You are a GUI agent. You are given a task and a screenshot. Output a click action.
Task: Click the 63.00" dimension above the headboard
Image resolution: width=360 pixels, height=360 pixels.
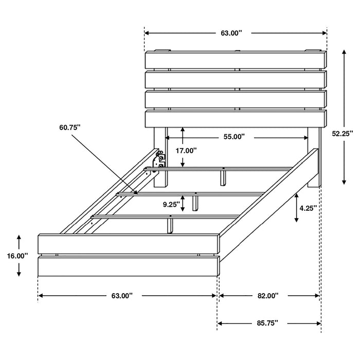pyautogui.click(x=231, y=33)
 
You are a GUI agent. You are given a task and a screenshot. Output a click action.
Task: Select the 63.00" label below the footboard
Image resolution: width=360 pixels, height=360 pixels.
pyautogui.click(x=122, y=296)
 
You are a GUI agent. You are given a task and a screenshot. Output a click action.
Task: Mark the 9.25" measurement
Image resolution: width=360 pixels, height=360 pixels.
pyautogui.click(x=171, y=204)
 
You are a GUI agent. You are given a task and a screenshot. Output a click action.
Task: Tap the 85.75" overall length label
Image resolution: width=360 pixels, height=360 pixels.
pyautogui.click(x=267, y=323)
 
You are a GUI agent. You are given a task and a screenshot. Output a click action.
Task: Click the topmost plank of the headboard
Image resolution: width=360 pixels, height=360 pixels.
pyautogui.click(x=236, y=60)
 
